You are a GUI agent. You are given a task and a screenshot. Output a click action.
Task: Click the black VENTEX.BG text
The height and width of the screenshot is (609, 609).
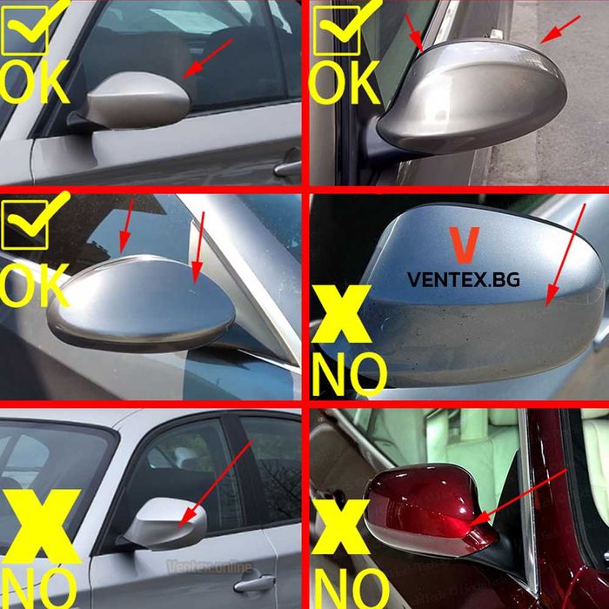(464, 279)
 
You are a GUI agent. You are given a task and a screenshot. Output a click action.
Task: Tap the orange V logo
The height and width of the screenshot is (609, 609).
(464, 245)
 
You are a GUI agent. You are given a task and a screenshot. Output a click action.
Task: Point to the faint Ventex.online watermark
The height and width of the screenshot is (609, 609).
(210, 566)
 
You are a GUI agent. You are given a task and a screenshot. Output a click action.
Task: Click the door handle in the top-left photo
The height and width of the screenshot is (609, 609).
(288, 166)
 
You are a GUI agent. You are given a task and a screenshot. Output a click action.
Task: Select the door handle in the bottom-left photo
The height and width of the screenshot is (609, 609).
(254, 584)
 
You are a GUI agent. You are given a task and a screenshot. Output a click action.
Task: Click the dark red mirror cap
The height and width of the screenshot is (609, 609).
(429, 507)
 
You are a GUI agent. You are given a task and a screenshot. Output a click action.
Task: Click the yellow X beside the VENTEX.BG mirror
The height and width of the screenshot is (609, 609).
(342, 314)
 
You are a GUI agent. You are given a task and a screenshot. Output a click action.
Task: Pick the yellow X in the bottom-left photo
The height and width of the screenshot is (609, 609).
(41, 526)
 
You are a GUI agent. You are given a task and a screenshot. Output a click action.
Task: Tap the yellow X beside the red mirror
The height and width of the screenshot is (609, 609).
(341, 527)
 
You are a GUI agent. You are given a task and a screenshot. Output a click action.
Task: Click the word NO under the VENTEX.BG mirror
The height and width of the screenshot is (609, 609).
(350, 373)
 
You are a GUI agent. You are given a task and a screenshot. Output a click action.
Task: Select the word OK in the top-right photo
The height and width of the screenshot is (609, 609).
(345, 83)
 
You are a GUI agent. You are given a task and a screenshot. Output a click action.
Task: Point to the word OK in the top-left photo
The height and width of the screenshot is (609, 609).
(34, 82)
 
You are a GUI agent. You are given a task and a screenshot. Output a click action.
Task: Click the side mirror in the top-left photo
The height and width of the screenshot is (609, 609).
(134, 102)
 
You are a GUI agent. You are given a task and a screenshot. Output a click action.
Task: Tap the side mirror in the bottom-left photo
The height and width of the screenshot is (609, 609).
(165, 523)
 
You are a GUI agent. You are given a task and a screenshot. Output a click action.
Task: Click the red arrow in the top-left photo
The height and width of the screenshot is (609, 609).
(207, 58)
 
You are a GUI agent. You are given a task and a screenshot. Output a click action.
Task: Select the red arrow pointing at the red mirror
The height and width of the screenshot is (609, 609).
(518, 498)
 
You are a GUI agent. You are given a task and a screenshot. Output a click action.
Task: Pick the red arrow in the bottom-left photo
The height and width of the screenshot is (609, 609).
(215, 484)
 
